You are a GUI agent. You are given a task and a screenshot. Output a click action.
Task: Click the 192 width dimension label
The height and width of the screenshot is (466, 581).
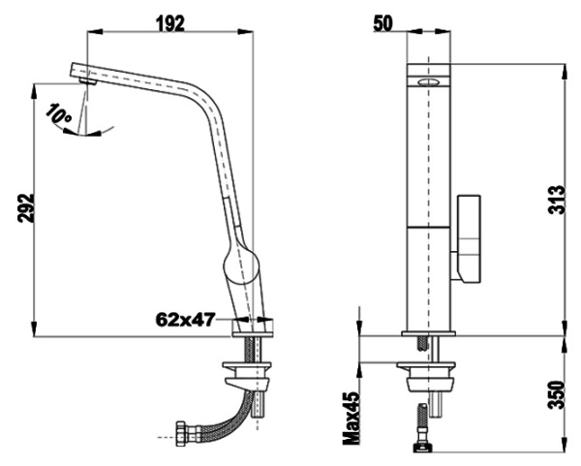point(170,24)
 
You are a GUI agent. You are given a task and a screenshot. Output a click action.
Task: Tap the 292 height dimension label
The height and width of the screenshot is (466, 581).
point(26,208)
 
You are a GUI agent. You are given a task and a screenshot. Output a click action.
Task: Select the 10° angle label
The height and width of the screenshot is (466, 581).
point(58,113)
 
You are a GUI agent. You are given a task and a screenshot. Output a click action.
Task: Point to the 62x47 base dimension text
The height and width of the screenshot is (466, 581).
point(185,319)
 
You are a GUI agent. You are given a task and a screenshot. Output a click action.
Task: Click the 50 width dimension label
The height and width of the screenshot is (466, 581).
point(382,24)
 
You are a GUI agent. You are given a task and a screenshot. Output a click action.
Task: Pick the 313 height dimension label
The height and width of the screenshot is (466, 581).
point(557,200)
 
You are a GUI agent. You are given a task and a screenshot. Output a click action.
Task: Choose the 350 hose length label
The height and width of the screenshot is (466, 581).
point(557,394)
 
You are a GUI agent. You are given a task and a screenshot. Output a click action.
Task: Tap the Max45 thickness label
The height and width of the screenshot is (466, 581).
point(352,419)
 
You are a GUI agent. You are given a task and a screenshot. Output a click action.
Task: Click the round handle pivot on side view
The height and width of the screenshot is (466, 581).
point(240,266)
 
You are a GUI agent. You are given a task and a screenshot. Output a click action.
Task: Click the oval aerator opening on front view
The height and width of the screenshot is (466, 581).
point(428,82)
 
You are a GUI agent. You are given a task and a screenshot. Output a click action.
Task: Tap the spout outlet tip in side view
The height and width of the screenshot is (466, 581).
point(88,82)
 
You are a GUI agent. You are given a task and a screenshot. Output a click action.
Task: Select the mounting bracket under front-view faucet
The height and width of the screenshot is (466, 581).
point(426,377)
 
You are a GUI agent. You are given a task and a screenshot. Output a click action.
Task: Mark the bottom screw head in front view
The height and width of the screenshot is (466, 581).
point(422,448)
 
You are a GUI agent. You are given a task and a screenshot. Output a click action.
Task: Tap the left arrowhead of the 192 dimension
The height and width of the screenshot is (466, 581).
point(95,32)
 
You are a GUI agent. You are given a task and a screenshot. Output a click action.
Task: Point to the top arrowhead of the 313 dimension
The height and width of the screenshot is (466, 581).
point(565,71)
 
